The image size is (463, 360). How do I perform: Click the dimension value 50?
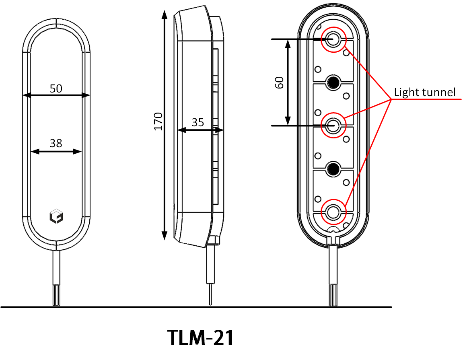point(56,89)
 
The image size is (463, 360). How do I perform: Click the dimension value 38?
point(56,143)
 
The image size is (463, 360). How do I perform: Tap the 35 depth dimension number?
point(198,123)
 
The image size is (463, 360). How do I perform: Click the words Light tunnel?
point(424,93)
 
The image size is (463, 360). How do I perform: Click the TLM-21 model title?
point(200,338)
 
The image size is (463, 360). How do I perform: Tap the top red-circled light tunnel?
point(333,39)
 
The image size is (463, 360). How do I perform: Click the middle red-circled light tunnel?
point(333,125)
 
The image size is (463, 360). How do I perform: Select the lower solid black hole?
point(333,169)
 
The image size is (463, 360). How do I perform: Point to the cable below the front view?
point(56,278)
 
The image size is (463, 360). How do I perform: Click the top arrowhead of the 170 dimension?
point(164,14)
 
